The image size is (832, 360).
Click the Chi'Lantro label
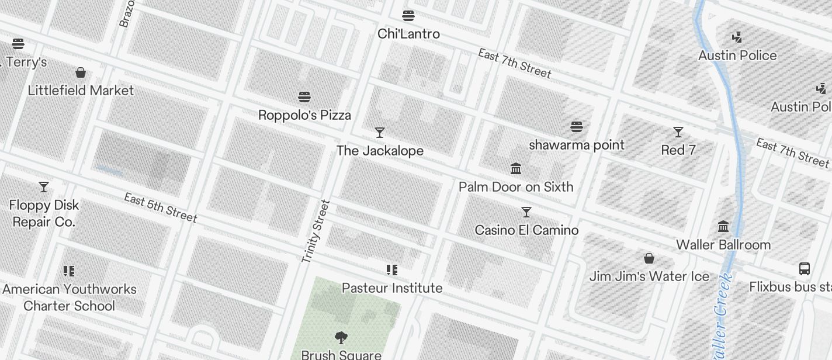coord(408,34)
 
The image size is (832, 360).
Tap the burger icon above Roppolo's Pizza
coord(304,96)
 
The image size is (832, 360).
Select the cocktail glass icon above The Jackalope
coord(380,133)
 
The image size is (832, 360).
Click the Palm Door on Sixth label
coord(516,187)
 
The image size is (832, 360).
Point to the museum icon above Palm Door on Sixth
coord(516,169)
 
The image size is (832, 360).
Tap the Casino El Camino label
coord(526,230)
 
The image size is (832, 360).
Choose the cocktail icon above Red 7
coord(678,132)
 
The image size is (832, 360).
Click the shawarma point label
coord(577,145)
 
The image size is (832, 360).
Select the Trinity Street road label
coord(316,231)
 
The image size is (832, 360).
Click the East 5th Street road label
coord(161,207)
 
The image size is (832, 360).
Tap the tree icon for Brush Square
coord(341,337)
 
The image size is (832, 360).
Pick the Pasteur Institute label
coord(392,288)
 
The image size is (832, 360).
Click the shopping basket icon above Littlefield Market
coord(81,72)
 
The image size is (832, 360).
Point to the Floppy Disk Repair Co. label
coord(44,213)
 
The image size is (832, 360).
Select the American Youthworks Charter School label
coord(69,297)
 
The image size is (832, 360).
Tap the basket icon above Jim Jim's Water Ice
coord(649,258)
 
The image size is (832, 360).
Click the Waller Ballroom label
coord(723,245)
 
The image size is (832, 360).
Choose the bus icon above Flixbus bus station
coord(805,269)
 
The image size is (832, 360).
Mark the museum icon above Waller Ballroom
coord(723,227)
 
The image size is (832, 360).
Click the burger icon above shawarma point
coord(577,127)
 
